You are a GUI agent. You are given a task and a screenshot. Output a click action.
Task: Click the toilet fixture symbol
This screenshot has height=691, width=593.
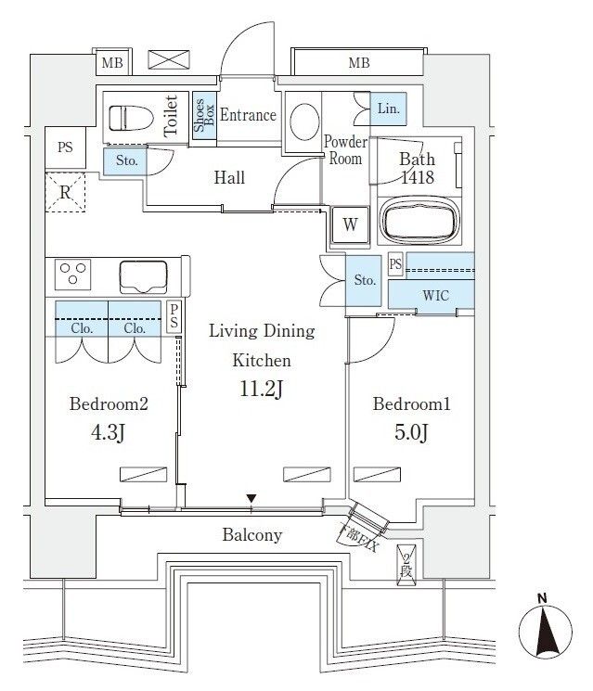click(129, 118)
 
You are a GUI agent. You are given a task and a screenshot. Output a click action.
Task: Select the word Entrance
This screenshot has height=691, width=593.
click(248, 115)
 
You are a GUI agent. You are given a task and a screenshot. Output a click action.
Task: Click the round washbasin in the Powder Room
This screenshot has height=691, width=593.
click(303, 120)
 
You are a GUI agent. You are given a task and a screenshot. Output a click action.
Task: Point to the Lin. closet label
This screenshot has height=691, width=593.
click(388, 109)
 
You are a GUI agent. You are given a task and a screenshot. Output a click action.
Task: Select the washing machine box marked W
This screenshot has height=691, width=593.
click(349, 224)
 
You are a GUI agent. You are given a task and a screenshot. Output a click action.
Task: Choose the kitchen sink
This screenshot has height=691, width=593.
click(143, 275)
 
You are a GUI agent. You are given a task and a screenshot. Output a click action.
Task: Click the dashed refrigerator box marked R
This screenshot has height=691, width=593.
click(66, 193)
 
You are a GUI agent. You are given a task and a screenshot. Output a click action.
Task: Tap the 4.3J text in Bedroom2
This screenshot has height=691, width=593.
click(110, 432)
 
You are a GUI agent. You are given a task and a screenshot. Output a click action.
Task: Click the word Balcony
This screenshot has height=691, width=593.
click(251, 535)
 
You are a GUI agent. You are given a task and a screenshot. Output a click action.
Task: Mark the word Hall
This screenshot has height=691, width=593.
click(229, 177)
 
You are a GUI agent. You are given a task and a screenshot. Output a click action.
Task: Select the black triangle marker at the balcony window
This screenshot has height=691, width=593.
click(251, 502)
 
